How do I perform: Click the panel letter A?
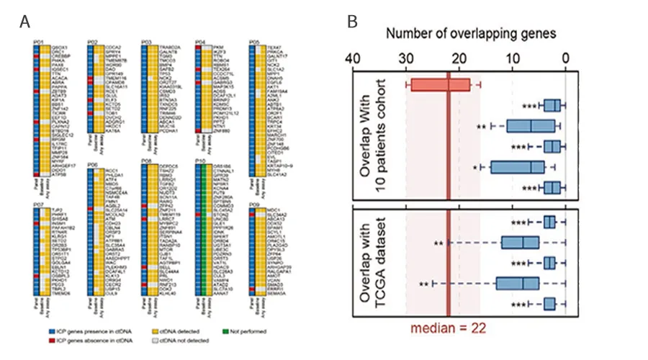tap(25, 22)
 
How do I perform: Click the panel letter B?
tap(353, 22)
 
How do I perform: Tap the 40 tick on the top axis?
tap(353, 57)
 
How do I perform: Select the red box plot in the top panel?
tap(439, 85)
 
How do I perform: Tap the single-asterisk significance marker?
tap(476, 168)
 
